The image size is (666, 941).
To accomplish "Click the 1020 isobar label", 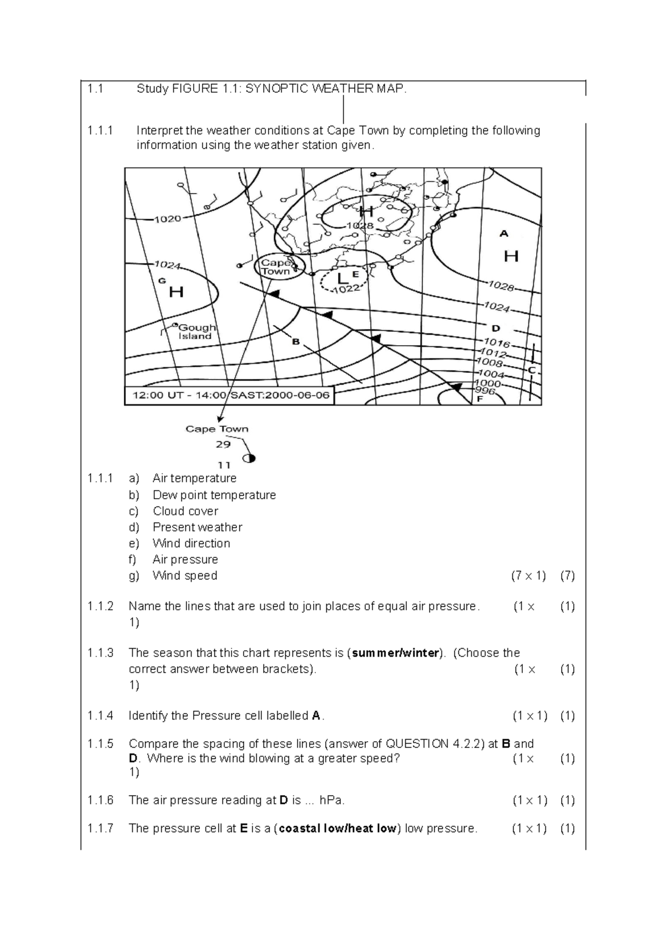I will [168, 219].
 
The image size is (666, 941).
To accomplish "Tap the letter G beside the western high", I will [162, 281].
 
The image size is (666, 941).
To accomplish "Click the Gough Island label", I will [196, 332].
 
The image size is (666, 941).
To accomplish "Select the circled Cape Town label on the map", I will [276, 267].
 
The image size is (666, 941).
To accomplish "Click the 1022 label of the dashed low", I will [348, 289].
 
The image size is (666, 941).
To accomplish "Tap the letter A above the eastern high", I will [504, 234].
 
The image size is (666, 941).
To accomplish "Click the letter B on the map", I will [296, 342].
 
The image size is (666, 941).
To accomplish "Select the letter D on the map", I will [496, 328].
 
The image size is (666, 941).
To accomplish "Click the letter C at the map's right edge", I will [532, 370].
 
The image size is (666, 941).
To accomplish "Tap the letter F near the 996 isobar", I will [480, 399].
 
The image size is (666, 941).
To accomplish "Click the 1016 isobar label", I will [497, 342].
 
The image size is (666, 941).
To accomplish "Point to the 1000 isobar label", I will [488, 383].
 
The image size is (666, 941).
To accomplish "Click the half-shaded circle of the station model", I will [249, 458].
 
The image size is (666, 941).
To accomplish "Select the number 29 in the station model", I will [223, 444].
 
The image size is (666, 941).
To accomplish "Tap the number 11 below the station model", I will [224, 465].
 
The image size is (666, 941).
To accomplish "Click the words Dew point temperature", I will [214, 495].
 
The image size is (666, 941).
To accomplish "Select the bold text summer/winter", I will [396, 653].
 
